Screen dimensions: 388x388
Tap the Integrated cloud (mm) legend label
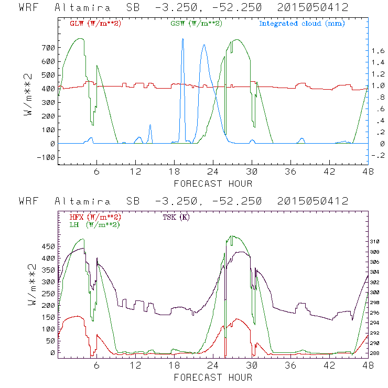(x=302, y=24)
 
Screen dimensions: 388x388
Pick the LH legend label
(x=94, y=224)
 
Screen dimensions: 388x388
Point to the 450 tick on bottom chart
(x=48, y=246)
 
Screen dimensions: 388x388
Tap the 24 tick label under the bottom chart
(x=213, y=366)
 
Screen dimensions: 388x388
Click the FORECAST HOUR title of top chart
(x=213, y=184)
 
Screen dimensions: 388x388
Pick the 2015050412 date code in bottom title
(x=314, y=201)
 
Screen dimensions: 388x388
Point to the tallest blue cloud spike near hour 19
(x=182, y=40)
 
